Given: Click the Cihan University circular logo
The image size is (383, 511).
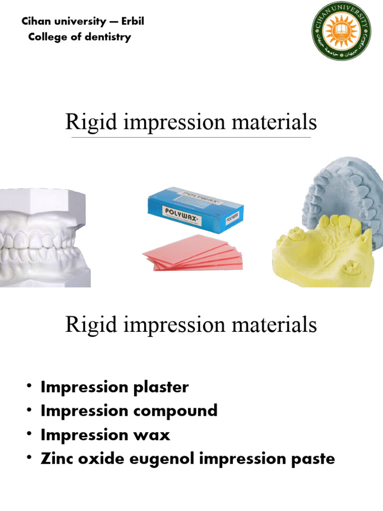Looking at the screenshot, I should pos(343,36).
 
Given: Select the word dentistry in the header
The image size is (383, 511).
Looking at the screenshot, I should pos(107,37).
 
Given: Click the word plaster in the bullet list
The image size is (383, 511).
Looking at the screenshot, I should pos(165,387).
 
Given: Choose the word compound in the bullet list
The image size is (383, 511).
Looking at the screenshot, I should pos(180,411).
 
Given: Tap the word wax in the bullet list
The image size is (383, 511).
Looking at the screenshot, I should pos(156,435).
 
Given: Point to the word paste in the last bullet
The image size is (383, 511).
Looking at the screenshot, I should pos(314,459).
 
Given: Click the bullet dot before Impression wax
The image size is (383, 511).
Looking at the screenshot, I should pos(30,434).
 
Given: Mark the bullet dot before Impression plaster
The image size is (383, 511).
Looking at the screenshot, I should pos(30,387).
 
